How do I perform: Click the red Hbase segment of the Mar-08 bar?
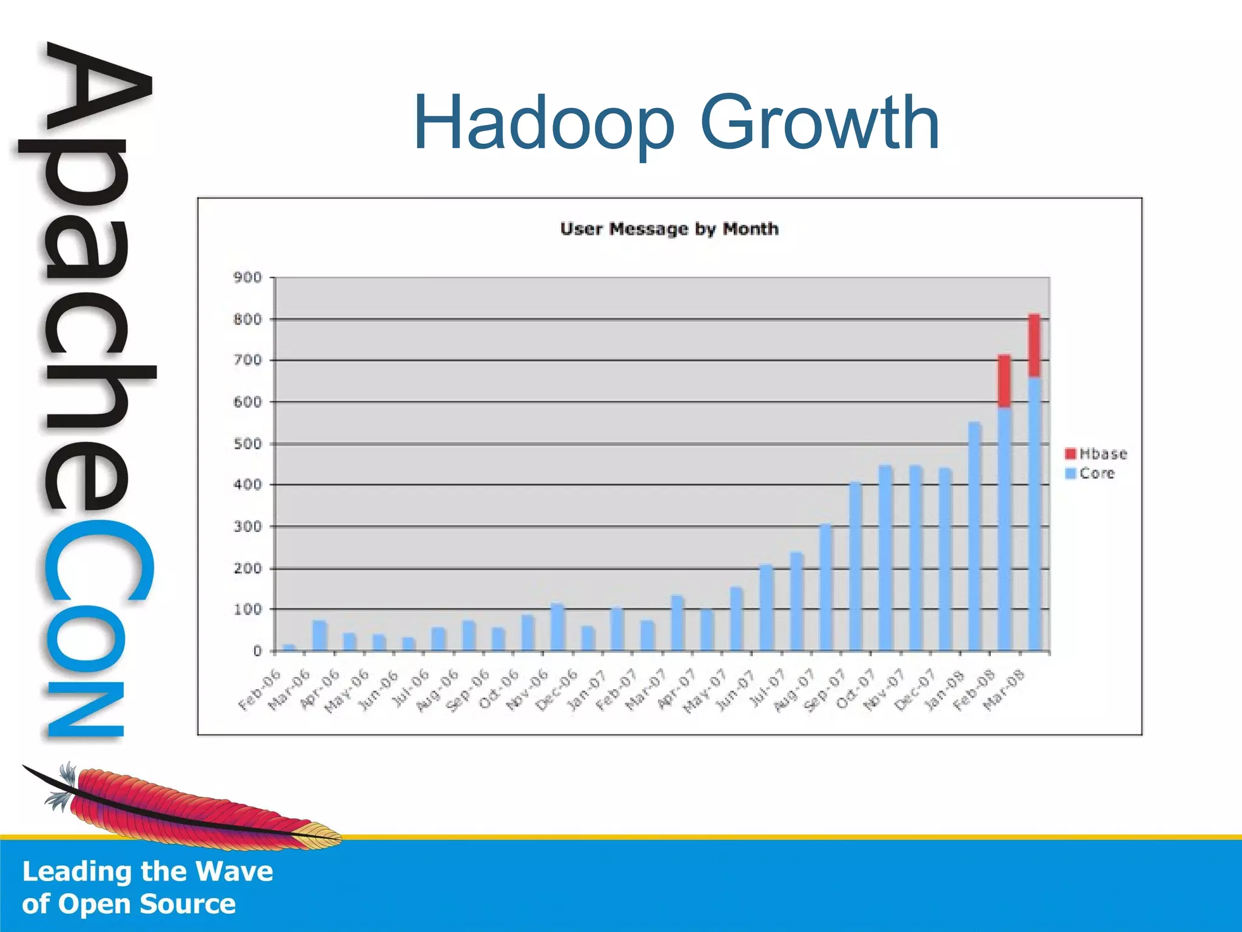click(1035, 346)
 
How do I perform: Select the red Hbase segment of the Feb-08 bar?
click(1004, 381)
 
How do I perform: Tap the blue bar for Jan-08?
click(975, 536)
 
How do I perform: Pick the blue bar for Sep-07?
click(855, 567)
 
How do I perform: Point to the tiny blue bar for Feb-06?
click(289, 647)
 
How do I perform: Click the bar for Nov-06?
click(557, 627)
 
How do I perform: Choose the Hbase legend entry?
click(1096, 454)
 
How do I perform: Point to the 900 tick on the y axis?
click(247, 278)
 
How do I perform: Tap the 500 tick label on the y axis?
click(247, 444)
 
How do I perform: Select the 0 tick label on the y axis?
click(257, 651)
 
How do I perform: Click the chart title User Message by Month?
click(669, 229)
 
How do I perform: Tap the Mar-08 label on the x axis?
click(1004, 689)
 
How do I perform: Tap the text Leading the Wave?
click(147, 871)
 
